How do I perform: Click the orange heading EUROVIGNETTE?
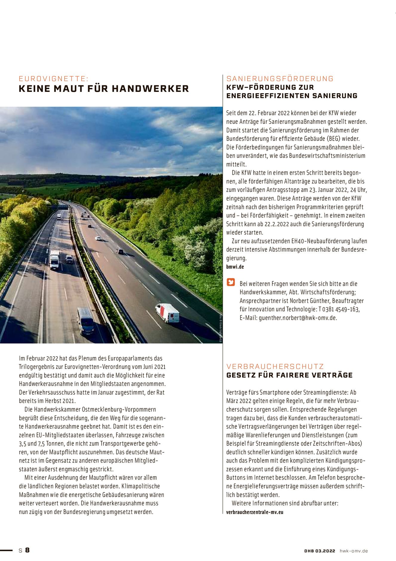pos(54,79)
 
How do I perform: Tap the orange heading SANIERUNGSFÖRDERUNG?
pos(280,79)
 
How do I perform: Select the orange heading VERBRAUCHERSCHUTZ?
pos(275,367)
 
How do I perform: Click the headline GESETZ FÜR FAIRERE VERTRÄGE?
pos(289,375)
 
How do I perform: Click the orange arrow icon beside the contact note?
pos(231,282)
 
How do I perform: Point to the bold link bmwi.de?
pos(235,267)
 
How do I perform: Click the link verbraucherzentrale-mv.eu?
pos(254,512)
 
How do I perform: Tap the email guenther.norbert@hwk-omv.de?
pos(298,318)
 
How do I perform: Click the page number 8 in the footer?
pos(27,550)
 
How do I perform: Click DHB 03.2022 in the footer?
pos(320,551)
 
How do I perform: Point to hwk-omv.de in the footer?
pos(354,551)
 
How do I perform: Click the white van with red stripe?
pos(168,313)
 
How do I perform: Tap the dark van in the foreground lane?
pos(85,321)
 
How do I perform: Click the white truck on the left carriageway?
pos(54,260)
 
